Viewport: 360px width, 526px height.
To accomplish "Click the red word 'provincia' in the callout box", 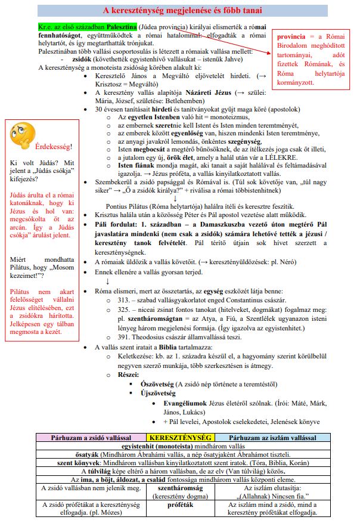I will tap(295, 38).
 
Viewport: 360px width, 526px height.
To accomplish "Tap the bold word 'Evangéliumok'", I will tap(187, 403).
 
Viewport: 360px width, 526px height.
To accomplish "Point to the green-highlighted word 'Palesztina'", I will tap(119, 27).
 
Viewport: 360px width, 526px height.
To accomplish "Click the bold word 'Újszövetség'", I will tap(157, 393).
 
